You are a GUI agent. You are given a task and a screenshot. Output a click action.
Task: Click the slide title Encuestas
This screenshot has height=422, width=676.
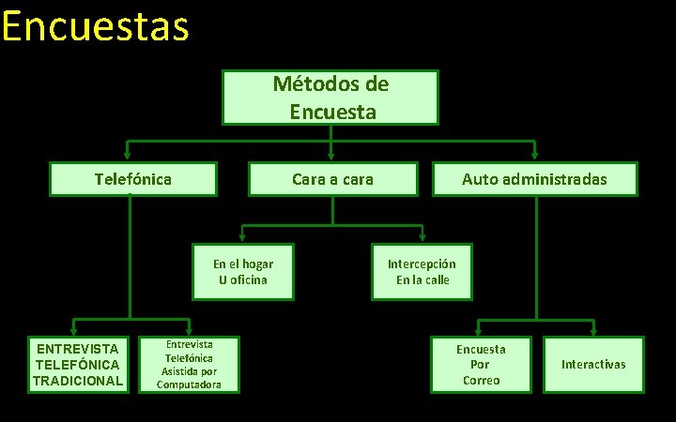pyautogui.click(x=95, y=26)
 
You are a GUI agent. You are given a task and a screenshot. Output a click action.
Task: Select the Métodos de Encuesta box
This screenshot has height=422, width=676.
pyautogui.click(x=330, y=98)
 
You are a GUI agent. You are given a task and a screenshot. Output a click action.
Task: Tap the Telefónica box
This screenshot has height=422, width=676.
pyautogui.click(x=133, y=178)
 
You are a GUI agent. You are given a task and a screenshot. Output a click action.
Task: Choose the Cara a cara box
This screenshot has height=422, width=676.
pyautogui.click(x=332, y=178)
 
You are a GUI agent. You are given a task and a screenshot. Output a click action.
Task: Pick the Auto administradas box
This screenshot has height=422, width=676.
pyautogui.click(x=534, y=178)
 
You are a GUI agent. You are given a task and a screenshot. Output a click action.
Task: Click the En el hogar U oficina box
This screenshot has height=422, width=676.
pyautogui.click(x=242, y=272)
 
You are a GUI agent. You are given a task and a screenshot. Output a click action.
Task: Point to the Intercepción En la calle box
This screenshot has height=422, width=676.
pyautogui.click(x=422, y=272)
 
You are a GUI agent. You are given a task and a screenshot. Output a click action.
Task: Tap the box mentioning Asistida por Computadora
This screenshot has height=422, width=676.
pyautogui.click(x=189, y=365)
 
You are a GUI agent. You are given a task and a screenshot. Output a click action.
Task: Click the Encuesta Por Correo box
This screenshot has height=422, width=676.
pyautogui.click(x=480, y=365)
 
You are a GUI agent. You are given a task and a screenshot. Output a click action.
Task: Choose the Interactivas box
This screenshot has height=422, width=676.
pyautogui.click(x=593, y=364)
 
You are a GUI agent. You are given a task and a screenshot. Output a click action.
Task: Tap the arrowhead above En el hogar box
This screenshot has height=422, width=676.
pyautogui.click(x=242, y=238)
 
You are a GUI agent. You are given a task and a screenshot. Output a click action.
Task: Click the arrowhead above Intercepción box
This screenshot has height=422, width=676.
pyautogui.click(x=422, y=238)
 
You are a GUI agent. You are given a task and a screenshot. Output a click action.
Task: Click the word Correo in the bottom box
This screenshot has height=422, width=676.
pyautogui.click(x=480, y=381)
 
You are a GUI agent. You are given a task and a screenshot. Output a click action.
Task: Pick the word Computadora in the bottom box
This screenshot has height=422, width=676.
pyautogui.click(x=189, y=384)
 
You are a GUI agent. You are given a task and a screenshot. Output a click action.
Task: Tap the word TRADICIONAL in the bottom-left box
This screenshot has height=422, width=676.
pyautogui.click(x=77, y=381)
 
